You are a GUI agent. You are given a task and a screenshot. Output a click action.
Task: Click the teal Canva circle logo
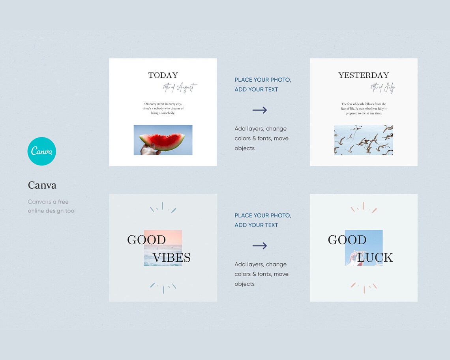click(x=42, y=151)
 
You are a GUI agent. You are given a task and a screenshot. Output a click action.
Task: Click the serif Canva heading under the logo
click(x=42, y=185)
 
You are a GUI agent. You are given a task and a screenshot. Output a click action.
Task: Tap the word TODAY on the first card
click(x=163, y=75)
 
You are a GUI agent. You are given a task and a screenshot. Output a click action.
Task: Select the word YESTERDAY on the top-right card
click(x=364, y=75)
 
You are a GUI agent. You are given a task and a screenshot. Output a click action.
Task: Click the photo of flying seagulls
click(x=364, y=140)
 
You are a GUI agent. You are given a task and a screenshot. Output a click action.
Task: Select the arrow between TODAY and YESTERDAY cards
click(x=260, y=110)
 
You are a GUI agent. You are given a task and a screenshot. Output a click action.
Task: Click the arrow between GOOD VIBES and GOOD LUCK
click(x=260, y=246)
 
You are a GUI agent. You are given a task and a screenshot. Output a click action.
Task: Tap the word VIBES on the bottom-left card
click(x=172, y=258)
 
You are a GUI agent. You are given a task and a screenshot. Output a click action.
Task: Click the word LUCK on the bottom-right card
click(x=375, y=258)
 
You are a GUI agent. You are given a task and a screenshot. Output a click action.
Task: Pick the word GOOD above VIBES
click(x=146, y=240)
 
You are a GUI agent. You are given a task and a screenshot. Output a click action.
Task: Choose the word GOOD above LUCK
click(x=347, y=240)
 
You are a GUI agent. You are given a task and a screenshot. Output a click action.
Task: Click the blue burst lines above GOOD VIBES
click(x=163, y=208)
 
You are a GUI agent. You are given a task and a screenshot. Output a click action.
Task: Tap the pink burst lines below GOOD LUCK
click(x=364, y=287)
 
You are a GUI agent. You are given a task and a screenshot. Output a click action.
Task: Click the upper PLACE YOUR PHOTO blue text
click(x=262, y=80)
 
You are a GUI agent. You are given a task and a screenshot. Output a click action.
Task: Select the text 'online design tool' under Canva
click(x=52, y=211)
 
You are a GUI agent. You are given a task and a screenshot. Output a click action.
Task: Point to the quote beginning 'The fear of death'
click(x=364, y=109)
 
